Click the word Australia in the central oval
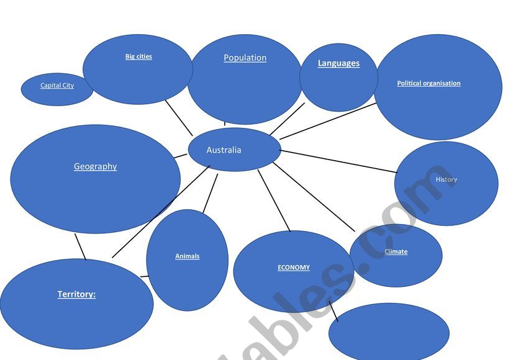224,150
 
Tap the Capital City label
57,86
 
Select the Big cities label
139,56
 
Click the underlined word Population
245,58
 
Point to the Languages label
339,63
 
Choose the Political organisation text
429,83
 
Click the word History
446,179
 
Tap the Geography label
95,166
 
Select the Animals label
187,256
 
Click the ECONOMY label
293,268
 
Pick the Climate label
396,251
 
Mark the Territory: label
76,294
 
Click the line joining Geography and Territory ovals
80,246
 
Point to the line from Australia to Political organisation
328,121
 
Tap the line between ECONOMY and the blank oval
333,310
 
